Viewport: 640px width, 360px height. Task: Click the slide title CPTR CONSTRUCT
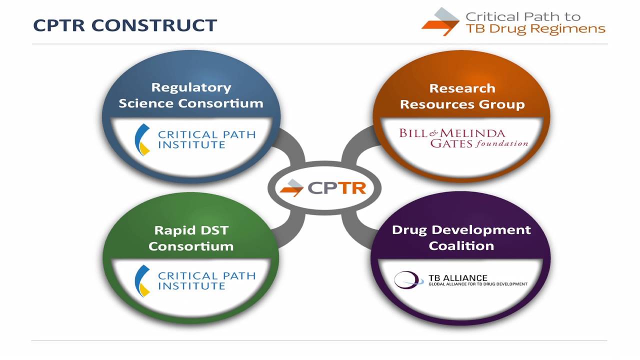click(125, 25)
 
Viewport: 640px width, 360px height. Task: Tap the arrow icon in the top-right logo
click(440, 22)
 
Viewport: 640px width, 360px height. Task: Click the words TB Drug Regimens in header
click(535, 28)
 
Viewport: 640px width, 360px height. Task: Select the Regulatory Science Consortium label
click(191, 95)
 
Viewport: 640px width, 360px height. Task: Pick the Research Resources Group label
click(462, 96)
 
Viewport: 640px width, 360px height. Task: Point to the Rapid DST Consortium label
click(191, 238)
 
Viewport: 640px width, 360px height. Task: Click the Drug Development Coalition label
click(461, 237)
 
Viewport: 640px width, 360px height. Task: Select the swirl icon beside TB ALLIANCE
click(404, 280)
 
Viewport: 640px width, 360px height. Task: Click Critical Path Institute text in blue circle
click(206, 139)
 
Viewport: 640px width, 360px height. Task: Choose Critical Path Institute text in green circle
click(206, 280)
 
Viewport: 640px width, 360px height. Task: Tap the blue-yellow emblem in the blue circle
click(142, 139)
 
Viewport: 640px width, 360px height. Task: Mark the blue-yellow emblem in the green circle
click(142, 280)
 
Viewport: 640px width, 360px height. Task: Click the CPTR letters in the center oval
click(337, 187)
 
